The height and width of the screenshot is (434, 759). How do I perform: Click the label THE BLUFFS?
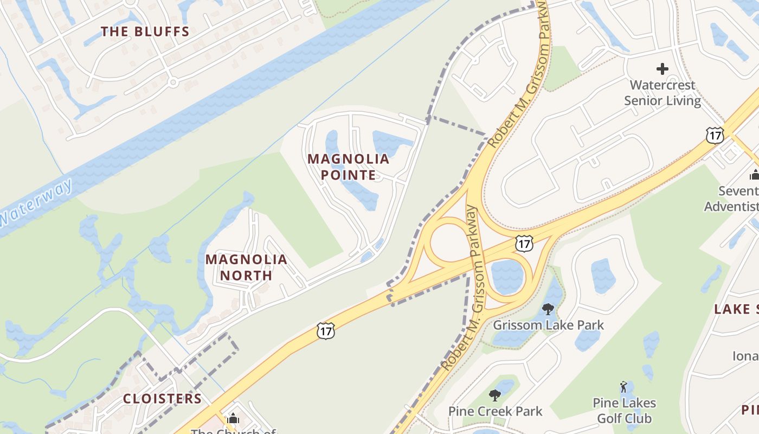point(145,31)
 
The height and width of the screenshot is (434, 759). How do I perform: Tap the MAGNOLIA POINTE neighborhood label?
point(349,167)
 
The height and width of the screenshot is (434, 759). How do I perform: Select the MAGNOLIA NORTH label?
point(246,267)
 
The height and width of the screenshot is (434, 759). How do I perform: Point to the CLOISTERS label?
point(162,399)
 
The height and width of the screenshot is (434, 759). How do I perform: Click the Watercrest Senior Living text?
point(662,93)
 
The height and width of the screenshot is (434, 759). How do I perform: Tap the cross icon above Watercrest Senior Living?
point(662,69)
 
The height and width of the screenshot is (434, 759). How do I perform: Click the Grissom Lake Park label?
point(548,325)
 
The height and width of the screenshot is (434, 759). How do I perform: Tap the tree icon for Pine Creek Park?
point(494,395)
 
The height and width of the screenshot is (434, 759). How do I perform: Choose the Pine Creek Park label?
point(495,411)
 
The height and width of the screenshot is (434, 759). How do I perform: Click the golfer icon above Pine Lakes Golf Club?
point(623,387)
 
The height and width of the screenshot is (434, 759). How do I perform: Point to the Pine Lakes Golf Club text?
point(625,411)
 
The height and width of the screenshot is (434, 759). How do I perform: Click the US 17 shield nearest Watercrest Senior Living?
point(715,135)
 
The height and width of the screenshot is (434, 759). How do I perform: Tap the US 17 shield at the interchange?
point(524,244)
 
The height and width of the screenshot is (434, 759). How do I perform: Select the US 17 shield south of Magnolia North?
point(325,330)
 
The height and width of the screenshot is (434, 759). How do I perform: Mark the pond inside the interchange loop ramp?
point(507,276)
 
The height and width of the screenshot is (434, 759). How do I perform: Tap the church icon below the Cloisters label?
point(233,418)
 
